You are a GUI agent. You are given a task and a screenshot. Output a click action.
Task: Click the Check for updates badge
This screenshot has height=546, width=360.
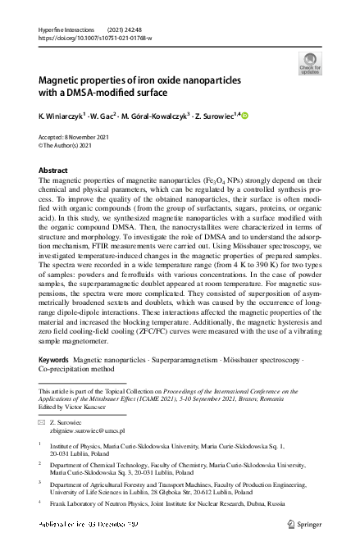[309, 64]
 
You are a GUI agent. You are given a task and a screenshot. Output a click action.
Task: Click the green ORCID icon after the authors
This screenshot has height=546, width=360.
[244, 116]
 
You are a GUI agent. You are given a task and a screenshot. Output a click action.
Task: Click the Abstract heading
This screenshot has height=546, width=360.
[53, 170]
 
